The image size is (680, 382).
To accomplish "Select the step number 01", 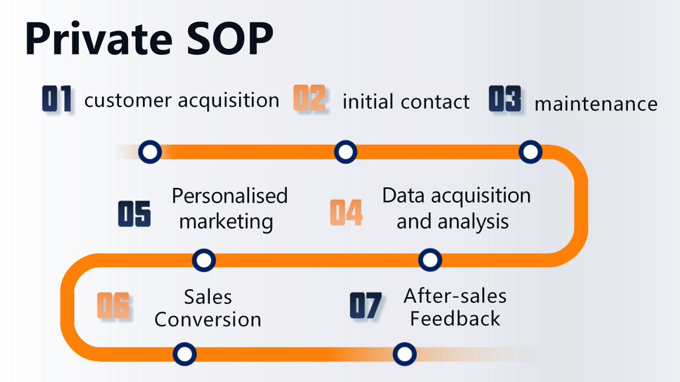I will pyautogui.click(x=57, y=100).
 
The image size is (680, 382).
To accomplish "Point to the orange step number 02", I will pyautogui.click(x=309, y=98).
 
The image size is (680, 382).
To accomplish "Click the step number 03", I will pyautogui.click(x=505, y=100).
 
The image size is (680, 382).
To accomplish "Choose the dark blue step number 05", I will pyautogui.click(x=135, y=214).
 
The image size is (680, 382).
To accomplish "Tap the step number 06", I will pyautogui.click(x=113, y=306).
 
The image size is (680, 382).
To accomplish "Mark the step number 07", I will pyautogui.click(x=365, y=306).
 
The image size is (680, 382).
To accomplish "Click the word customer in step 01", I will pyautogui.click(x=127, y=101).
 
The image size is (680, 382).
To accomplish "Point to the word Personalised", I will pyautogui.click(x=230, y=196).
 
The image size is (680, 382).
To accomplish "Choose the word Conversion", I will pyautogui.click(x=208, y=319).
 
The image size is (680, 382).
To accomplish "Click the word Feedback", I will pyautogui.click(x=455, y=319).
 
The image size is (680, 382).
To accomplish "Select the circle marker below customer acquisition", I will pyautogui.click(x=150, y=152).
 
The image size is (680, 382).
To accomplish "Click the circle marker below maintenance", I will pyautogui.click(x=530, y=152).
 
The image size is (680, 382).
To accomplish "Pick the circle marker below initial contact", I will pyautogui.click(x=345, y=152).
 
